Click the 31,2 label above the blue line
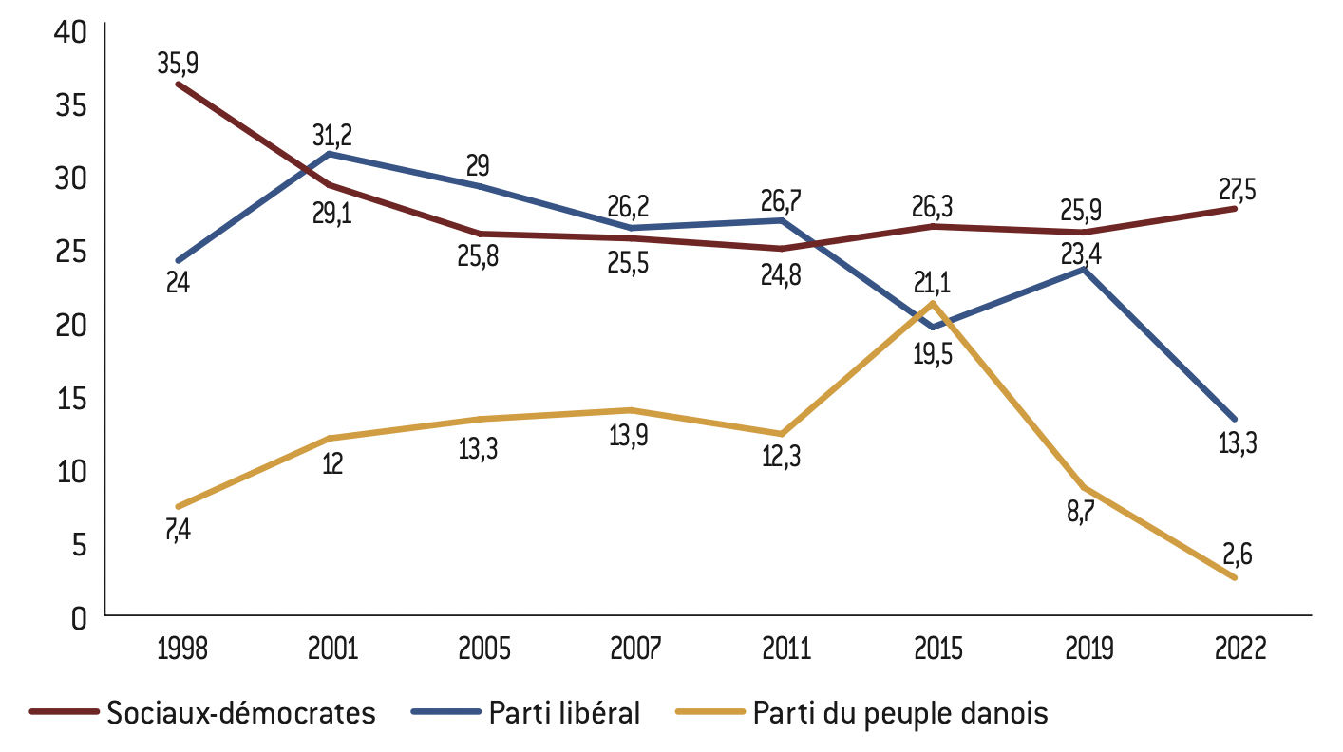332,134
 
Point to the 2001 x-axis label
332,649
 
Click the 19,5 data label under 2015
934,355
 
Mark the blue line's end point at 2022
1235,419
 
